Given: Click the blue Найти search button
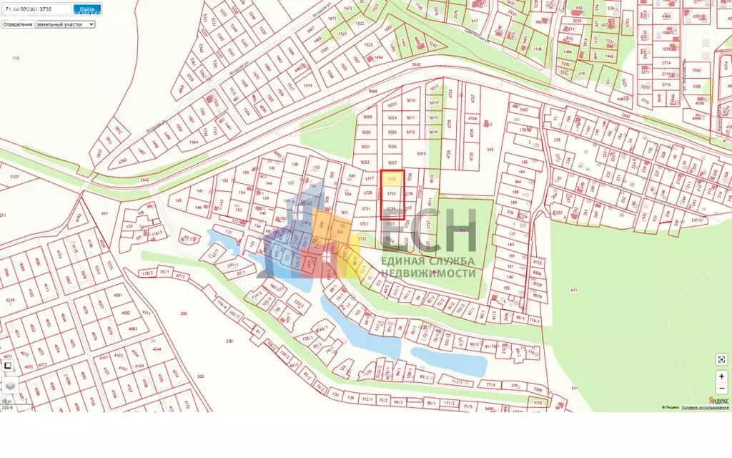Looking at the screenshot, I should point(87,10).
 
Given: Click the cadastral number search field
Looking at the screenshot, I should point(36,10).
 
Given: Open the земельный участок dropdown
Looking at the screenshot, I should point(65,24).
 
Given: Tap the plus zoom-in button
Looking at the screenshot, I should point(721,374).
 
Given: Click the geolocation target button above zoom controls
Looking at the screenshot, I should point(721,359).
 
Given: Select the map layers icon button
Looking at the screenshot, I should point(10,385).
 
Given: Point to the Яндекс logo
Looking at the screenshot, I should point(718,400).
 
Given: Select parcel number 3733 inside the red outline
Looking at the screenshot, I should point(391,193).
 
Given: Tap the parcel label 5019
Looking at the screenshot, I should point(421,153).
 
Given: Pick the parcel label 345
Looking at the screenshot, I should point(490,149).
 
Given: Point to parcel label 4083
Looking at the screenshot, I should point(133,328).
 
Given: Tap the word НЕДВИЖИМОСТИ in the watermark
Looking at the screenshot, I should point(428,274).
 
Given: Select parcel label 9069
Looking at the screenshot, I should point(372,92).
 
